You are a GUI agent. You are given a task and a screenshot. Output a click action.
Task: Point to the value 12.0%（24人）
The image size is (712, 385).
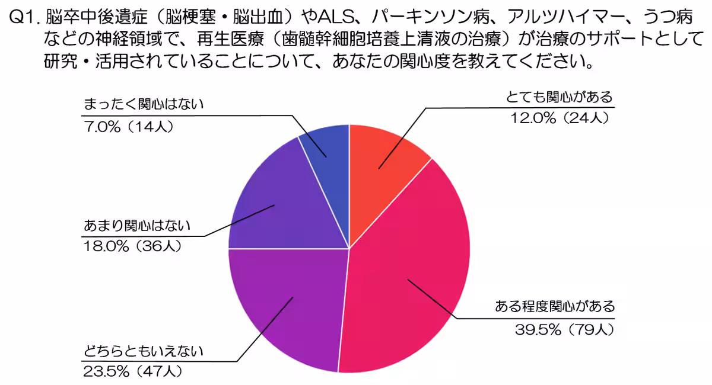[x=560, y=118]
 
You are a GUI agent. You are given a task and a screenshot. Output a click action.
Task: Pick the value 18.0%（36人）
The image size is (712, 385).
[x=132, y=246]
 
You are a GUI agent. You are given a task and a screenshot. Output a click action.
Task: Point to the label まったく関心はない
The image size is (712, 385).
[x=143, y=105]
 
